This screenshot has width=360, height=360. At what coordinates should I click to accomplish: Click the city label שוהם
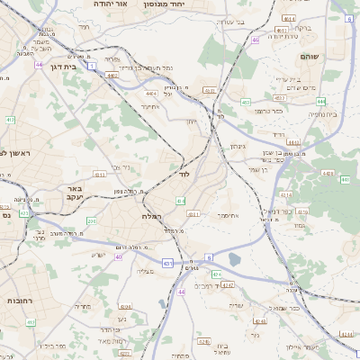click(x=309, y=56)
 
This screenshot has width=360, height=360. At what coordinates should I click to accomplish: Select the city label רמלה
click(x=150, y=217)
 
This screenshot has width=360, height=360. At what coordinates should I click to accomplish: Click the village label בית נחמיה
click(x=321, y=114)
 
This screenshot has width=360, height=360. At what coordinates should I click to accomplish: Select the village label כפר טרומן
click(x=270, y=111)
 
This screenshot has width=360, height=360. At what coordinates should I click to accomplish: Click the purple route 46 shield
click(x=256, y=40)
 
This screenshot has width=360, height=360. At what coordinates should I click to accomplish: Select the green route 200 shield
click(x=91, y=220)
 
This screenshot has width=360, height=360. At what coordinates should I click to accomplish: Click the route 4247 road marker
click(x=228, y=285)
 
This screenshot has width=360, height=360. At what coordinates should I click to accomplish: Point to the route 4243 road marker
click(x=260, y=321)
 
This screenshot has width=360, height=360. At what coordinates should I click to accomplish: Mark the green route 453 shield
click(x=246, y=103)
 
